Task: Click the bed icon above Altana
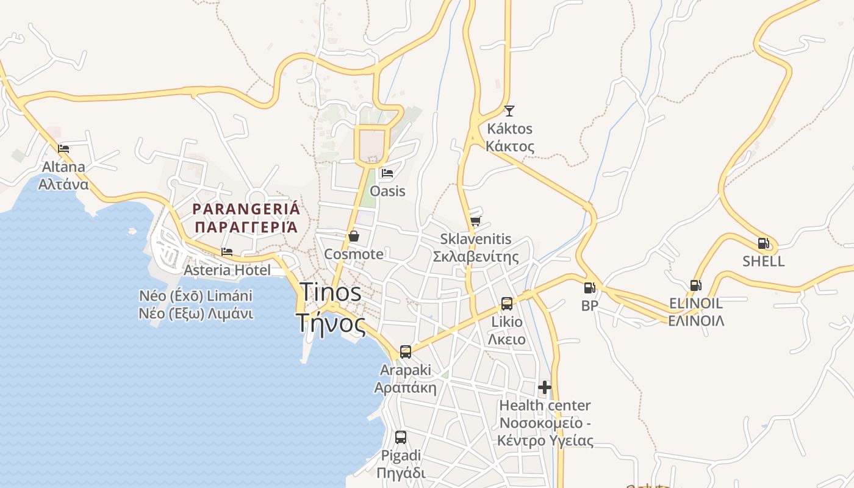pyautogui.click(x=63, y=148)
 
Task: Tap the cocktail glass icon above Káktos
pyautogui.click(x=509, y=110)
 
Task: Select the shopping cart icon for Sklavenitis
pyautogui.click(x=476, y=221)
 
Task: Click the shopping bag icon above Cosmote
pyautogui.click(x=354, y=236)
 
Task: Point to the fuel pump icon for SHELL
pyautogui.click(x=763, y=243)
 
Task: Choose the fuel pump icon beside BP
pyautogui.click(x=589, y=288)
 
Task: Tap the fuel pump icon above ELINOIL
pyautogui.click(x=695, y=285)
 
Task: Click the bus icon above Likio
pyautogui.click(x=507, y=303)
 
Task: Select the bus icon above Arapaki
pyautogui.click(x=406, y=352)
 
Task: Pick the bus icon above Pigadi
pyautogui.click(x=401, y=437)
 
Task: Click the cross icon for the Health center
pyautogui.click(x=545, y=387)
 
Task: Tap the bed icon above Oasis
pyautogui.click(x=387, y=173)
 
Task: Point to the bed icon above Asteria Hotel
pyautogui.click(x=227, y=251)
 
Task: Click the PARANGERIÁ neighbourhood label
pyautogui.click(x=246, y=209)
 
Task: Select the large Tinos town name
pyautogui.click(x=330, y=293)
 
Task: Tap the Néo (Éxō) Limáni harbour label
pyautogui.click(x=196, y=296)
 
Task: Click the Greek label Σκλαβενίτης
pyautogui.click(x=476, y=257)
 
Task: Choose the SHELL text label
pyautogui.click(x=763, y=261)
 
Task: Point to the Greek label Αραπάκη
pyautogui.click(x=405, y=388)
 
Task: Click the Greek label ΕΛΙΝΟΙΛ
pyautogui.click(x=696, y=321)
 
